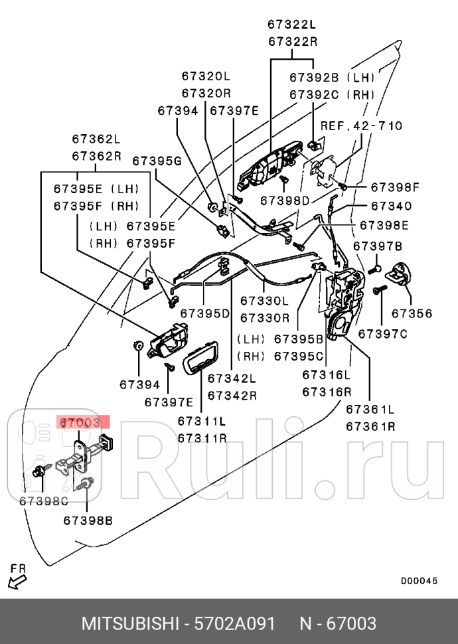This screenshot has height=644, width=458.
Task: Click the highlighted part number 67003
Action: coord(80,422)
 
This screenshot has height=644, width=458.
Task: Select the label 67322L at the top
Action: coord(293,25)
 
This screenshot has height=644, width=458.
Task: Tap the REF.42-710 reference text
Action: coord(361,125)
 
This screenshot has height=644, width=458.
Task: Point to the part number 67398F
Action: coord(395,187)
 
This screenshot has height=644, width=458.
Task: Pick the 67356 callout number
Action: coord(411,313)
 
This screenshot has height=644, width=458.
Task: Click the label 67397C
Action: coord(382,334)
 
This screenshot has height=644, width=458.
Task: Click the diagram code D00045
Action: coord(419,581)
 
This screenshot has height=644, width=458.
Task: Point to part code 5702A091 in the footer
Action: coord(234,623)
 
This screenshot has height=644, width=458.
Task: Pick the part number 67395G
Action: coord(157,161)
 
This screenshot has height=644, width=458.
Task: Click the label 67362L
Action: coord(96,139)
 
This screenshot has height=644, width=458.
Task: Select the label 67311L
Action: coord(202,421)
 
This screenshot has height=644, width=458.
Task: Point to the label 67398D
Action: coord(285,201)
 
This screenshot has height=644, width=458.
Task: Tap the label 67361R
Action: coord(370,426)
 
